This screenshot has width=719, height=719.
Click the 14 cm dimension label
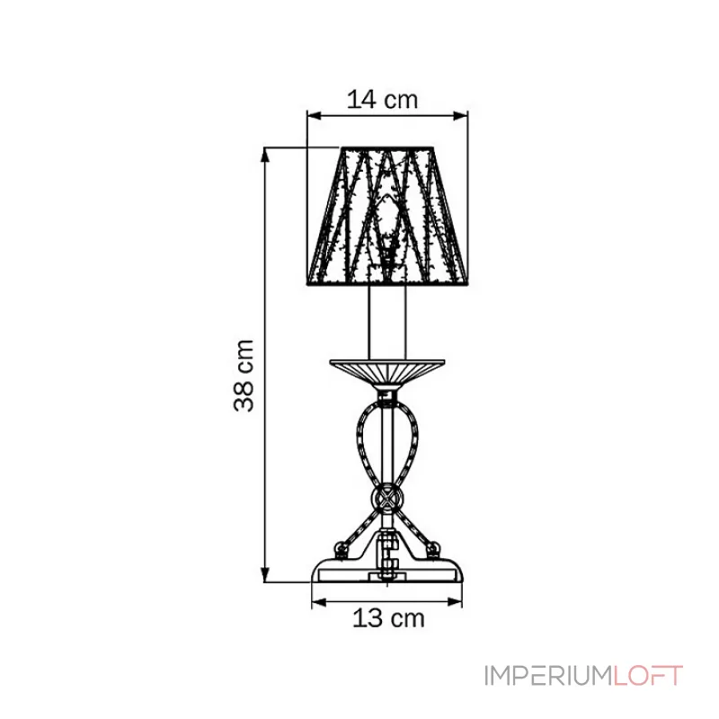tap(383, 100)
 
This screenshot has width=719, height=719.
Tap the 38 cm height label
tap(244, 376)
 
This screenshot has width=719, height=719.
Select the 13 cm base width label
tap(388, 618)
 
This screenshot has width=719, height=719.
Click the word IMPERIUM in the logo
tap(547, 676)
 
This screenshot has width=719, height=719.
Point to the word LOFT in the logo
tap(647, 676)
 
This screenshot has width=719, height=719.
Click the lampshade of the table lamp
tap(387, 216)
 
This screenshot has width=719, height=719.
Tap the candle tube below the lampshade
tap(387, 322)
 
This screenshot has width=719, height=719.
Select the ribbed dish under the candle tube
tap(387, 375)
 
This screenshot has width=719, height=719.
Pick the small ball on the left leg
tap(341, 547)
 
